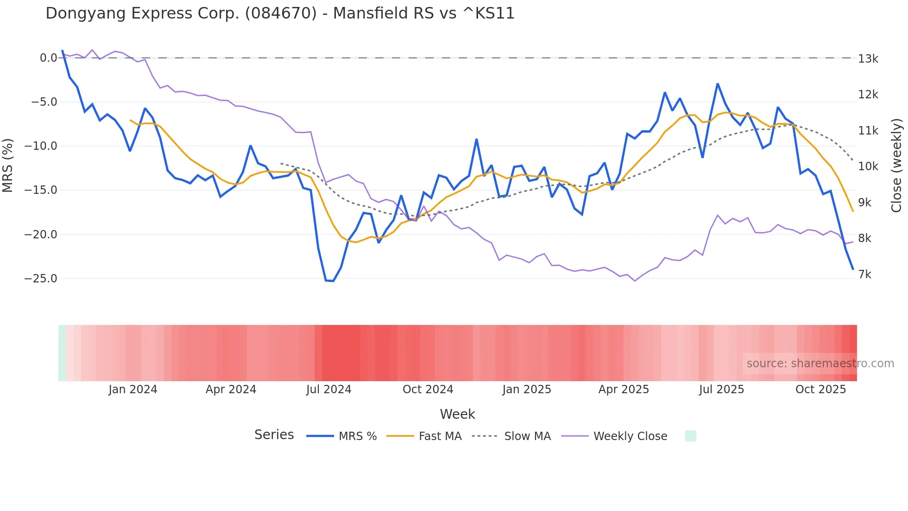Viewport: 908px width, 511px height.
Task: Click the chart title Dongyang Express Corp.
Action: pos(280,13)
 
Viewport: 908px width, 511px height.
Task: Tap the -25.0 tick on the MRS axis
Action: pos(41,279)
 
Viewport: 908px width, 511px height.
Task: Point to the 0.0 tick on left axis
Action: pos(48,58)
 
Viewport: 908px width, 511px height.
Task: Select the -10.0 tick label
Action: pos(41,146)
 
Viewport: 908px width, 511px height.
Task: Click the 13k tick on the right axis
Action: pos(868,59)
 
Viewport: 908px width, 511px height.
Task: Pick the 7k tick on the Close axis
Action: pos(864,275)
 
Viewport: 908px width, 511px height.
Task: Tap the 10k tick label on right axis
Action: pos(868,166)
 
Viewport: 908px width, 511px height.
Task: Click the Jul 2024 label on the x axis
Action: pos(328,390)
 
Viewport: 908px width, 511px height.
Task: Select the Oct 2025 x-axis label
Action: pos(820,390)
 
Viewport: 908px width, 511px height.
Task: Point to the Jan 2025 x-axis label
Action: pos(526,390)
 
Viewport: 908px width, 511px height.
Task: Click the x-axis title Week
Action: pos(457,414)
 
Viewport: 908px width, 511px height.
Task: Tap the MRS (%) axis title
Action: pos(8,166)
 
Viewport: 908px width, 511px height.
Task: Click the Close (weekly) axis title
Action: pos(896,166)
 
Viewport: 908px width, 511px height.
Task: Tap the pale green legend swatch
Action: pos(690,436)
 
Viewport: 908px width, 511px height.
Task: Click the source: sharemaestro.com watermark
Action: pos(820,364)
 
